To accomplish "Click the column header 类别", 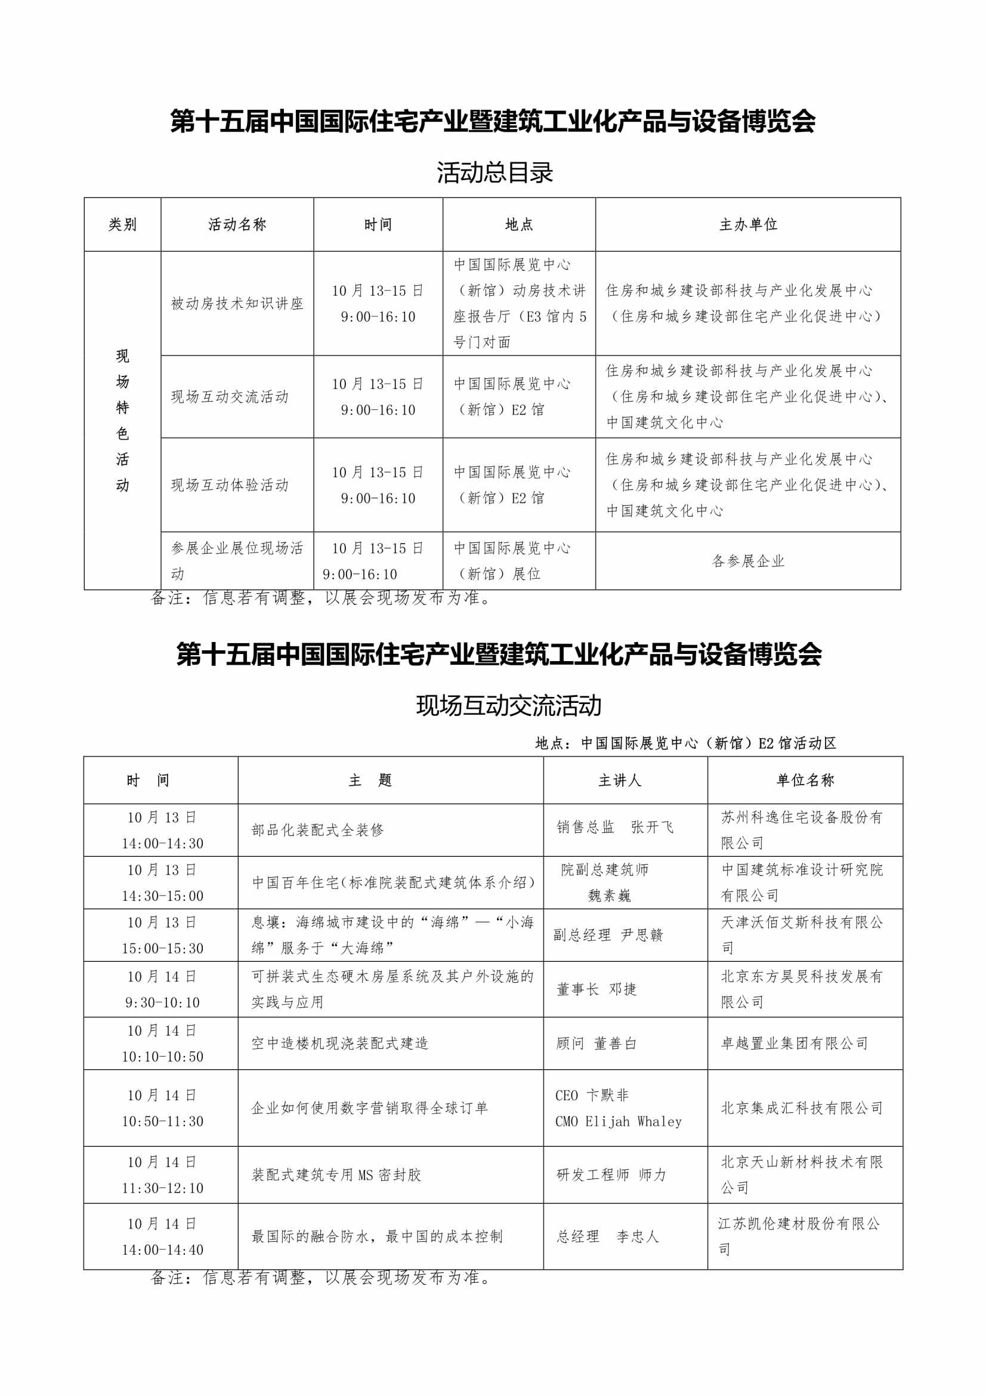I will pos(122,224).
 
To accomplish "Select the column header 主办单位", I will pos(748,224).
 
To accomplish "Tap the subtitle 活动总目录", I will pos(494,172).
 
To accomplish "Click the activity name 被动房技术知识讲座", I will pos(237,303).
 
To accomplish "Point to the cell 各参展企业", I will pos(748,561).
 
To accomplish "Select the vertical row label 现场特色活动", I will pos(122,420).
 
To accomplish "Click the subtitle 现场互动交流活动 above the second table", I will pos(508,705).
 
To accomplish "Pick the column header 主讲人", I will pos(620,780).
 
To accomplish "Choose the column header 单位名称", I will pos(805,780).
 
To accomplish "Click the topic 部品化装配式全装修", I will pos(317,830).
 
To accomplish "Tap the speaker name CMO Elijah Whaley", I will pos(619,1122).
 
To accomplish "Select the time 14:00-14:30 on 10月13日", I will pos(162,843).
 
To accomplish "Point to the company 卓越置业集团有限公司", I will pos(794,1043).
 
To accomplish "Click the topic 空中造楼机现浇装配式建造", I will pos(339,1043).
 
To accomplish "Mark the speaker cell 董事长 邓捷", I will pos(596,989).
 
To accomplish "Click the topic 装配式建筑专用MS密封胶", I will pos(336,1175).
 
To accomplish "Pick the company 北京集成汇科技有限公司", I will pos(802,1108).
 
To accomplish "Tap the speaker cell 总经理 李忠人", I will pos(607,1236).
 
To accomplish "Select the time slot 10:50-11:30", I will pos(162,1122).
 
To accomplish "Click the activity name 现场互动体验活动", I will pos(230,485).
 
